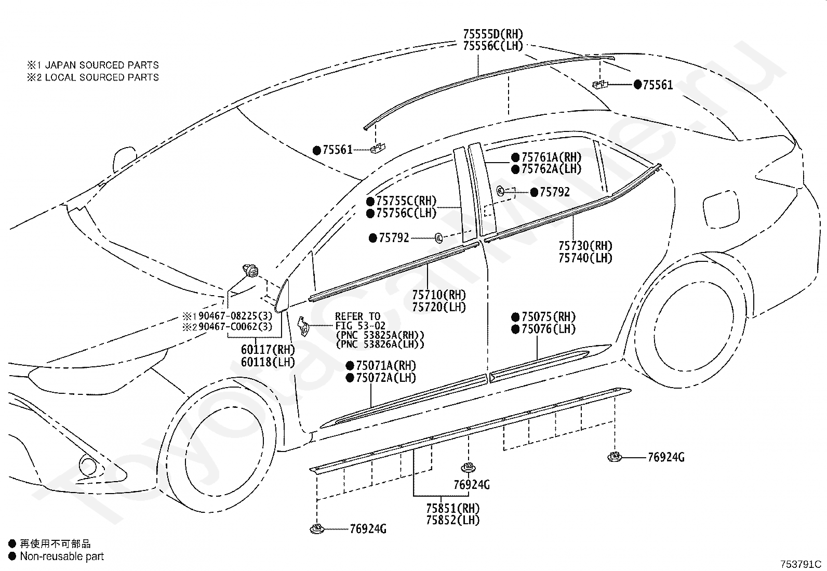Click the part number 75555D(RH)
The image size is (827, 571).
pos(493,34)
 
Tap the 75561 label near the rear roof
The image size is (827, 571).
pos(658,85)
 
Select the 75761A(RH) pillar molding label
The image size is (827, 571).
pos(551,157)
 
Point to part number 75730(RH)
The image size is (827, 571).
pos(585,246)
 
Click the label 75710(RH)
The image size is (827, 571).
pos(439,295)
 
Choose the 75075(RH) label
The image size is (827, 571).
pos(549,316)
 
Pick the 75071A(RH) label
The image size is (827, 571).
pos(386,365)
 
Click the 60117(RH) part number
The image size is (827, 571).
pos(268,349)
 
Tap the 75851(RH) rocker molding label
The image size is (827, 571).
pos(452,508)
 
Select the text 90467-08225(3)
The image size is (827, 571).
pos(235,316)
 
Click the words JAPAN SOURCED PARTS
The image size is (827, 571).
pos(102,65)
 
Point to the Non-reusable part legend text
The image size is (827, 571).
pos(62,556)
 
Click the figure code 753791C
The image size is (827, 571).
pos(801,564)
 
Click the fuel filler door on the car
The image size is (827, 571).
pos(722,210)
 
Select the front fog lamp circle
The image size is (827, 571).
pos(88,466)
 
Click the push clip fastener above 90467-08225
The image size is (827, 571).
pos(250,270)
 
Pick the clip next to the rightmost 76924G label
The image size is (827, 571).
pos(615,457)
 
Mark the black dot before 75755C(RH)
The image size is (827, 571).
pos(370,201)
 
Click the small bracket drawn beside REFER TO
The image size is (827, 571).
pos(303,326)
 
